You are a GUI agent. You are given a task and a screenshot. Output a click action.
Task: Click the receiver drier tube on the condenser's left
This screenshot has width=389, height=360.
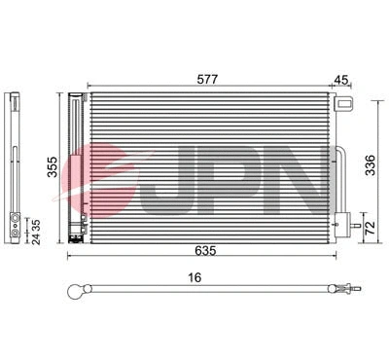click(x=77, y=165)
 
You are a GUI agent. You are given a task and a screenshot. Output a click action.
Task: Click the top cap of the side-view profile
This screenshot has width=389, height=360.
click(x=16, y=97)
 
